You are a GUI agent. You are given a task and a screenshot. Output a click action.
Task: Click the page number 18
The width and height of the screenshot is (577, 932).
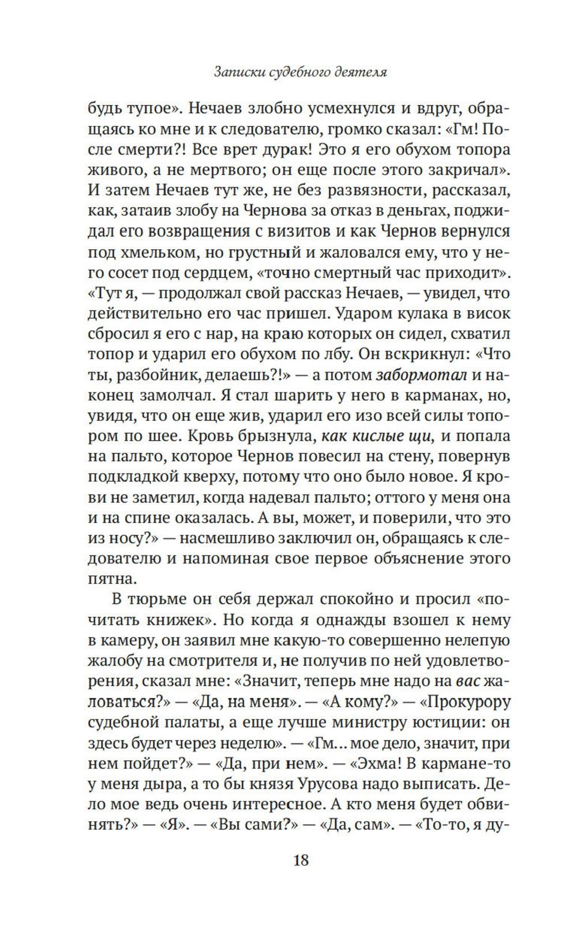click(x=301, y=860)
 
